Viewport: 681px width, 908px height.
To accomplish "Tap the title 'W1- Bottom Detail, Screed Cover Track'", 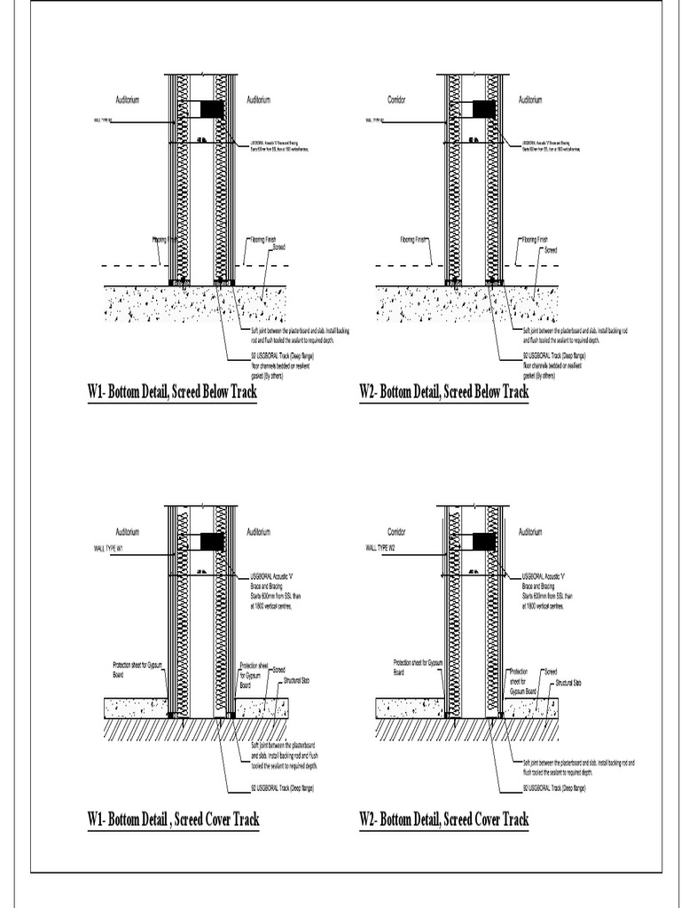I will coord(174,820).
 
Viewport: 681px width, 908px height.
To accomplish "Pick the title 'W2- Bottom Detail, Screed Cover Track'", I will coord(444,820).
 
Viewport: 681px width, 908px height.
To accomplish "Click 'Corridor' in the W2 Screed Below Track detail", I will coord(396,100).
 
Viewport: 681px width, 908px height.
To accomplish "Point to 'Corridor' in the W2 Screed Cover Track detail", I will coord(396,532).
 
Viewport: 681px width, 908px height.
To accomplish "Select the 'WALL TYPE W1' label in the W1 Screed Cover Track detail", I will coord(108,549).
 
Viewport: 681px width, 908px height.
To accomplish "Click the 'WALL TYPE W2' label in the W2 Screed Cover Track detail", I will coord(380,549).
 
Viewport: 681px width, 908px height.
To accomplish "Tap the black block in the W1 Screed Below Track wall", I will coord(212,109).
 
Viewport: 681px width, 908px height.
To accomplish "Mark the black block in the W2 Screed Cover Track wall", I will coord(483,540).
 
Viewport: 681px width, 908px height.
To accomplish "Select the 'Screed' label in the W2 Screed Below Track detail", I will coord(551,250).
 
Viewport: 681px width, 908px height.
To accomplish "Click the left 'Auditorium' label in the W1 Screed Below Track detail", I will coord(128,100).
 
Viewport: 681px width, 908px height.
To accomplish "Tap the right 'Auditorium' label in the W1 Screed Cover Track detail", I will coord(259,532).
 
